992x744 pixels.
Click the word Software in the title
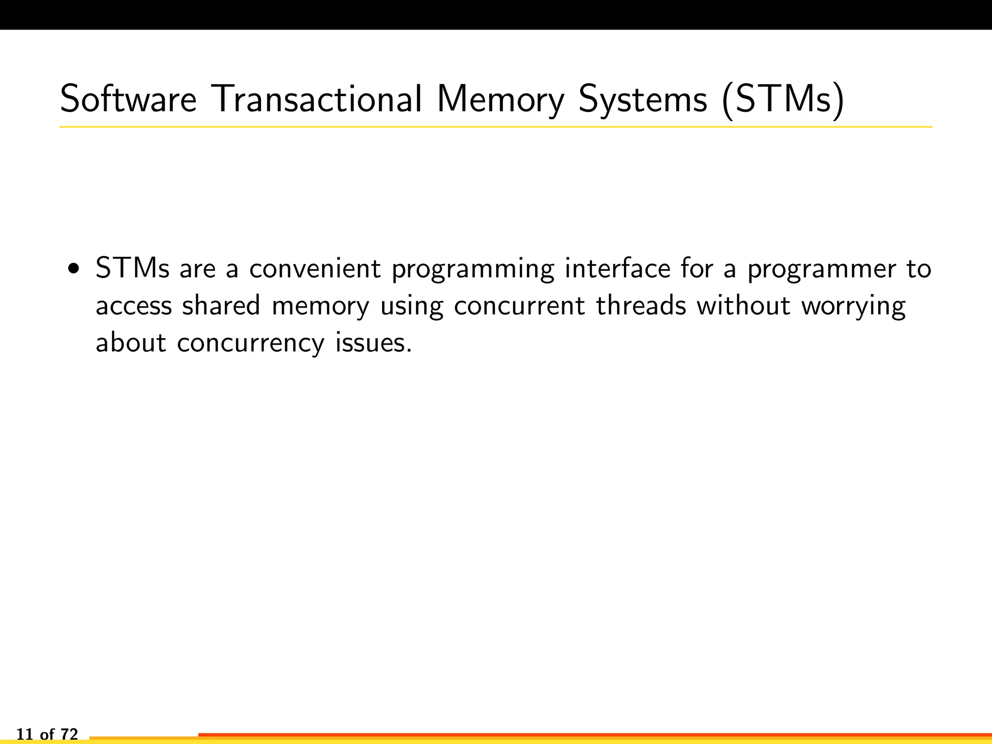(128, 99)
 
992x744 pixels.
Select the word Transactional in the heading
(317, 99)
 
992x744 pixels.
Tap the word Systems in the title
(643, 99)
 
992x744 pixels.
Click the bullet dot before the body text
(74, 268)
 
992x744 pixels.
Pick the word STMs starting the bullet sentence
(132, 268)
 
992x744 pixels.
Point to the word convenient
(315, 268)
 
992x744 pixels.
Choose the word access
(134, 306)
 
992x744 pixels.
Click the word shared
(221, 305)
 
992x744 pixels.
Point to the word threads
(641, 305)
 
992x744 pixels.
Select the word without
(744, 305)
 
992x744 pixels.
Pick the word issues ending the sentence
(373, 342)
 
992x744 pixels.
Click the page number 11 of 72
(47, 734)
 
